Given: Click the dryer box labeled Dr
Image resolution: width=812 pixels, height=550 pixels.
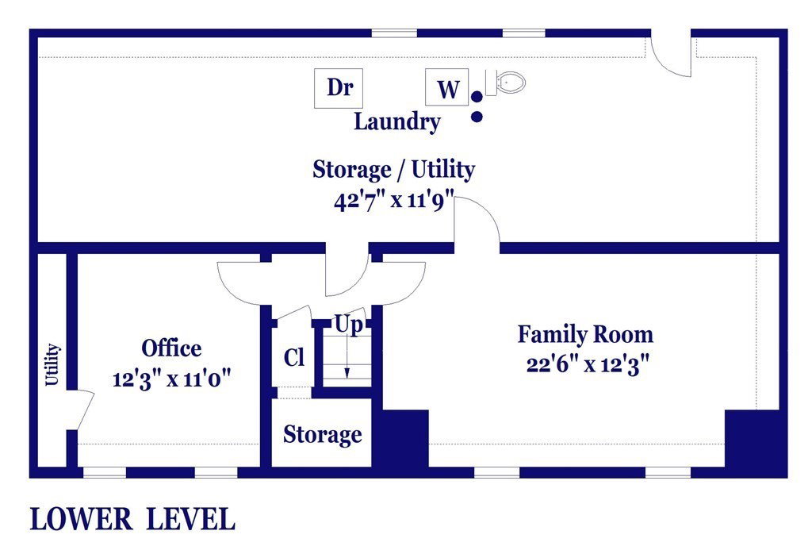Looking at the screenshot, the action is [339, 88].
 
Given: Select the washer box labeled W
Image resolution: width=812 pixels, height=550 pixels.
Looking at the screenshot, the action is [447, 87].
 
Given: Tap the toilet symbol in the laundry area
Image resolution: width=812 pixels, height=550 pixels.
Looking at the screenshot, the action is [505, 83].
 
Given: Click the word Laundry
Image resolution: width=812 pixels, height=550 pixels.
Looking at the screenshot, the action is [397, 122].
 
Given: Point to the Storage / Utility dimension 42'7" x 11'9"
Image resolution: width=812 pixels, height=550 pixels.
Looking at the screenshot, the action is [394, 200].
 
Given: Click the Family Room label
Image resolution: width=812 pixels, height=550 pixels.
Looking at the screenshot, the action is [586, 334].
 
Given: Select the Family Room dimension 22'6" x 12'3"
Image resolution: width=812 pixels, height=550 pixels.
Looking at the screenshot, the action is [588, 365].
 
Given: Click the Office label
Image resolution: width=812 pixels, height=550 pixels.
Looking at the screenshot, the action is [171, 348].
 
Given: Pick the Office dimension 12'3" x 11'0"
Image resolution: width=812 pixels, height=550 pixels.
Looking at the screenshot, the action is [171, 379].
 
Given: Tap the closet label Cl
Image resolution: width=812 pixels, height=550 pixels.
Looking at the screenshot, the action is [294, 357].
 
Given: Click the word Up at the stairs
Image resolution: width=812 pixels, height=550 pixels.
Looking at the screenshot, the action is [349, 325].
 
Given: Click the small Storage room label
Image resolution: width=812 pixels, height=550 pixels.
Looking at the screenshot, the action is [323, 434].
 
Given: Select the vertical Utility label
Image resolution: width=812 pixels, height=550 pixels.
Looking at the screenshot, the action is [52, 364].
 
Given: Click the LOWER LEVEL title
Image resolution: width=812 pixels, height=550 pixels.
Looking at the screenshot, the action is [132, 519].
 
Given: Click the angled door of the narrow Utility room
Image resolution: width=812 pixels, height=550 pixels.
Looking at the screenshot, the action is [84, 410].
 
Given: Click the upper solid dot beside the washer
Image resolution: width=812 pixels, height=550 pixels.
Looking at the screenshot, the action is [477, 96].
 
